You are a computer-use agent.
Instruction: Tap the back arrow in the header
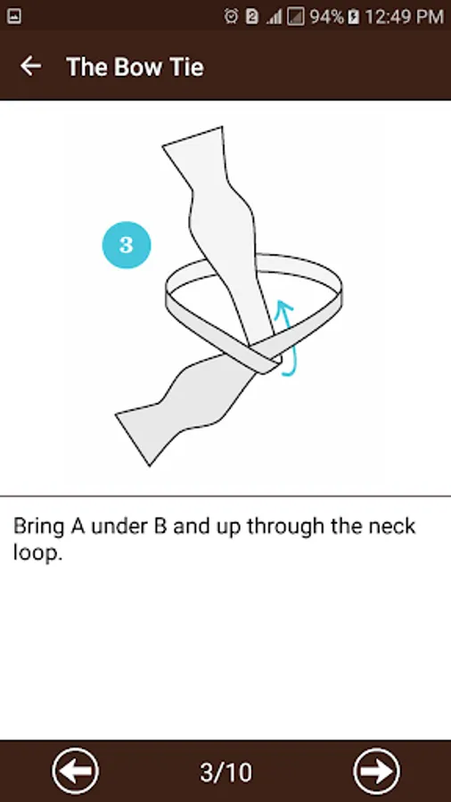(30, 66)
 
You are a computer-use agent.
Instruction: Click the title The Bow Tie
(135, 67)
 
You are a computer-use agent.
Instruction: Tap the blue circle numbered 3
(127, 245)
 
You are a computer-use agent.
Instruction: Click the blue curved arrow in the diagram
(286, 338)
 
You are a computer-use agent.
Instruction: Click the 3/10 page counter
(225, 772)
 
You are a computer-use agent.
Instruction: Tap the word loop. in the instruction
(37, 554)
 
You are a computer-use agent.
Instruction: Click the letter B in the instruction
(160, 527)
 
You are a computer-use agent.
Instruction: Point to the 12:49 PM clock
(404, 17)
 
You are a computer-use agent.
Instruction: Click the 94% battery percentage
(327, 17)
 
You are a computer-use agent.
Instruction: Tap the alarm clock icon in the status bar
(232, 17)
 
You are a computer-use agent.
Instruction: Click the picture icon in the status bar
(13, 17)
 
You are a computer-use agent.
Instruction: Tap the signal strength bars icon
(275, 18)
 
